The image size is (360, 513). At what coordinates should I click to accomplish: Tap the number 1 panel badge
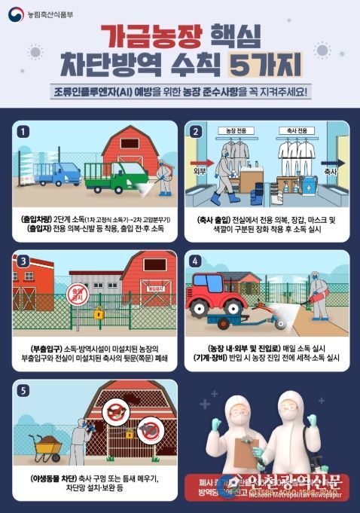coord(24,130)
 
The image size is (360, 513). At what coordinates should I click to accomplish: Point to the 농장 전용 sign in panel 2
coord(236,130)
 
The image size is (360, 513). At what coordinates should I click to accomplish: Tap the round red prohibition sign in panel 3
coord(77,292)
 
